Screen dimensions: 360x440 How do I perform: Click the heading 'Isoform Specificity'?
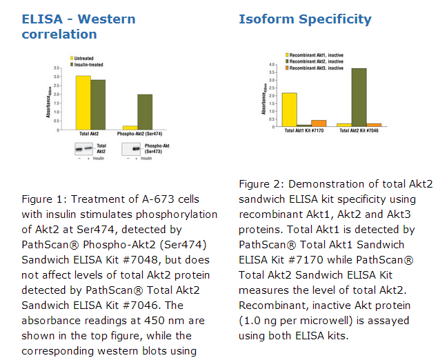click(305, 19)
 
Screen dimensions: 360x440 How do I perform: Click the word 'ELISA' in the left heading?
click(39, 19)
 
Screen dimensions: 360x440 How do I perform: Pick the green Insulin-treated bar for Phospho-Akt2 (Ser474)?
click(145, 111)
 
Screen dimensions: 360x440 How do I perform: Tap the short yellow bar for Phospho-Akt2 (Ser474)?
click(129, 127)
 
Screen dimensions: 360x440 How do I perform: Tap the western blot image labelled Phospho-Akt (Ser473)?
click(141, 148)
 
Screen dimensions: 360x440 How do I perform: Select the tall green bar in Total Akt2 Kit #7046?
click(359, 97)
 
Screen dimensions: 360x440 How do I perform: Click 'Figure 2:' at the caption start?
click(261, 184)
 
